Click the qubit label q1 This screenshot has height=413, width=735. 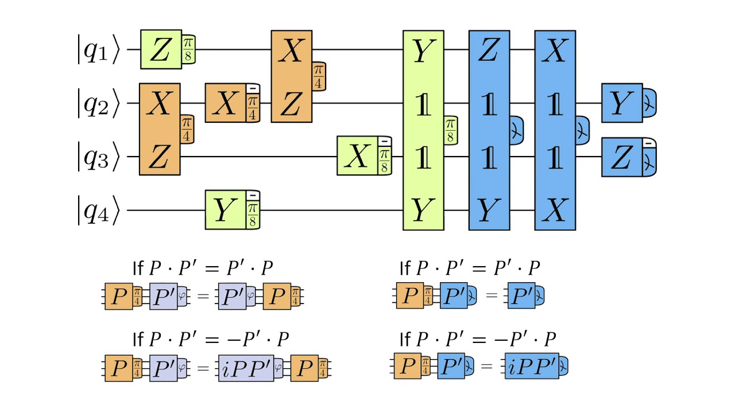[x=99, y=50]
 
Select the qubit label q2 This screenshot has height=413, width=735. [x=99, y=104]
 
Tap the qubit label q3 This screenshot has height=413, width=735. [x=99, y=157]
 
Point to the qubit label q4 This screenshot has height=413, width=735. [x=99, y=211]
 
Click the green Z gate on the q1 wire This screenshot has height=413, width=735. [x=161, y=50]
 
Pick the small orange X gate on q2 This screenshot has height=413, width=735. [x=226, y=103]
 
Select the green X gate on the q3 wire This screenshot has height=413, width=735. [x=357, y=156]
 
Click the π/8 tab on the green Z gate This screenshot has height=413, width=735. [x=188, y=50]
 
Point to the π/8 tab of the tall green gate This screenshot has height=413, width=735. [x=451, y=130]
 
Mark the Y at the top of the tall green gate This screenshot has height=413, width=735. [x=423, y=52]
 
